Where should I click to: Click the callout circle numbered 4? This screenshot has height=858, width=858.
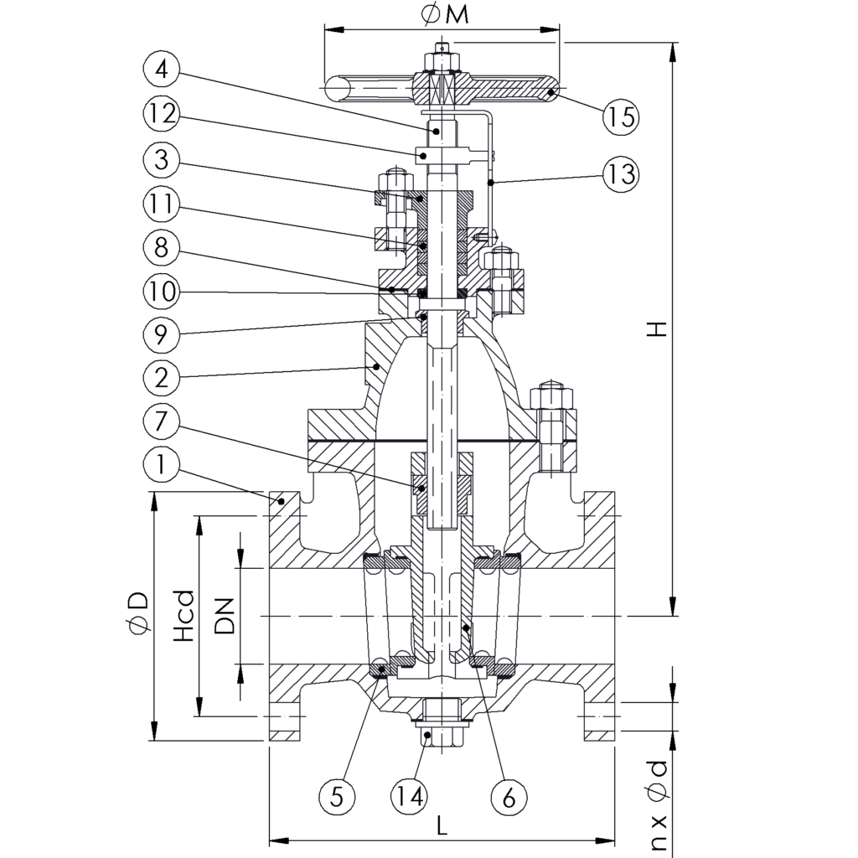pos(162,70)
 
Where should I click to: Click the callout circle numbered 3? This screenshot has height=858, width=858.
pos(162,158)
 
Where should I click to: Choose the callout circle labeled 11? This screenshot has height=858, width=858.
pos(162,204)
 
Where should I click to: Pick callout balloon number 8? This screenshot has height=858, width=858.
pos(162,248)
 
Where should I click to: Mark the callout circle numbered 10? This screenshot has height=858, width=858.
pos(162,292)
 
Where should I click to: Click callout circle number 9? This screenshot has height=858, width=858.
pos(162,335)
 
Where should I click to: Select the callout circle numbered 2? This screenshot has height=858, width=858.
pos(162,378)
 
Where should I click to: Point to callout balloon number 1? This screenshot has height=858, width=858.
pos(162,466)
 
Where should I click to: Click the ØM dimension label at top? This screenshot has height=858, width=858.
pos(445,15)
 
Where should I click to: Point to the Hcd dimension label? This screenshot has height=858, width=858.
pos(183,617)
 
